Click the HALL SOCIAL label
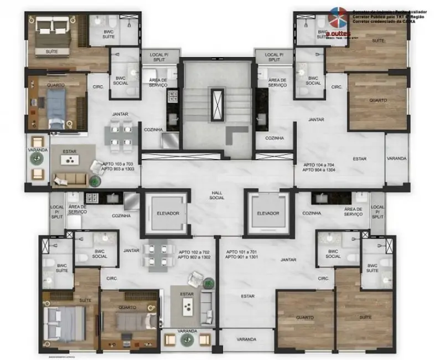(216, 194)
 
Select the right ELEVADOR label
(267, 213)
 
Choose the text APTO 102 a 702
(194, 251)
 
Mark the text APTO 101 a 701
(241, 252)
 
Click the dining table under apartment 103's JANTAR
(120, 136)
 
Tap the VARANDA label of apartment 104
(396, 158)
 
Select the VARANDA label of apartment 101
(246, 339)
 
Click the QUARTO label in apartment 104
(378, 100)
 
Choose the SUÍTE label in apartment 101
(364, 317)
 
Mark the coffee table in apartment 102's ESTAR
(187, 304)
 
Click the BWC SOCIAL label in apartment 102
(100, 253)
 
